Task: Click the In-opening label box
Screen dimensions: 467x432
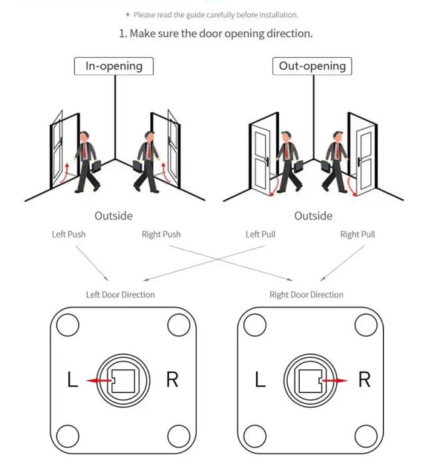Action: (114, 66)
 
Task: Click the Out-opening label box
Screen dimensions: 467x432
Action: (312, 66)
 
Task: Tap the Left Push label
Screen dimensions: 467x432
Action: (68, 234)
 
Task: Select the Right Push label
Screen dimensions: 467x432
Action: (161, 234)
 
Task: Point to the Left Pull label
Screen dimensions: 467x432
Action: (261, 234)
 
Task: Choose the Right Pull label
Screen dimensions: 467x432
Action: (358, 234)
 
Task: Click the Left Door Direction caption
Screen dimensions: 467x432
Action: (120, 294)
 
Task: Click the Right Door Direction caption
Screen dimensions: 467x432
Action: (306, 294)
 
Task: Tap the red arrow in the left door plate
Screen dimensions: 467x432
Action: (100, 381)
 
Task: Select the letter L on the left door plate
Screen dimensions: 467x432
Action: (73, 381)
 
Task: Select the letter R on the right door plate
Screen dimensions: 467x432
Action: (364, 380)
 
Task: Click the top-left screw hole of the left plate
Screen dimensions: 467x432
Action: (67, 325)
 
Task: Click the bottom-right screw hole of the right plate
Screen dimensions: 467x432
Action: (366, 436)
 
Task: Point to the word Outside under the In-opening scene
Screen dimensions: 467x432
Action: (113, 216)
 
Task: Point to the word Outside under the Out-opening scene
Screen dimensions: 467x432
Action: (313, 216)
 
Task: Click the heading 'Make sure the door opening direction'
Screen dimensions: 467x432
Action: (215, 33)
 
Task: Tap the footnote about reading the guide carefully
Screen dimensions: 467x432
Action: (216, 15)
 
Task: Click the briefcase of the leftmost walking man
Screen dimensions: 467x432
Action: (96, 165)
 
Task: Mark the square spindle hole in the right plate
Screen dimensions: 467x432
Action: (308, 381)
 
